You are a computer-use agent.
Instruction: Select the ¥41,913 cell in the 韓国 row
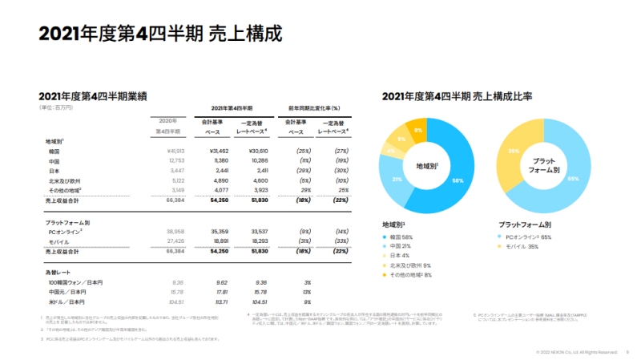point(175,151)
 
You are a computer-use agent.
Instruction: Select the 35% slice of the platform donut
point(514,152)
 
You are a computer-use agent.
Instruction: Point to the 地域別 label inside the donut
point(427,166)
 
